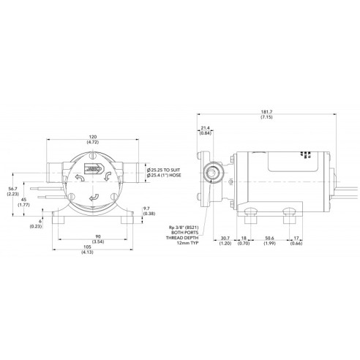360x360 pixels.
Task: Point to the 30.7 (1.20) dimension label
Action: [226, 241]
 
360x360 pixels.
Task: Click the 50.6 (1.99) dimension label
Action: [269, 241]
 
